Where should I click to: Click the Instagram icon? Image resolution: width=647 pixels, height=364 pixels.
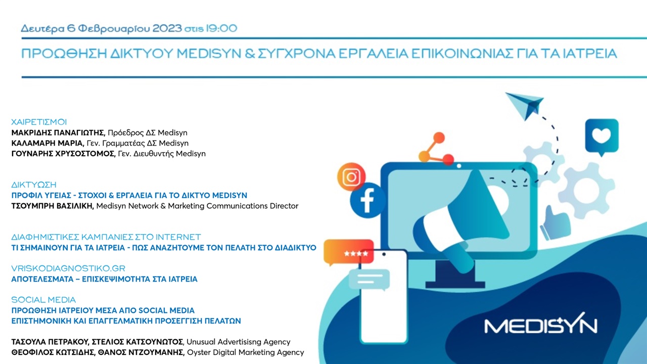351,177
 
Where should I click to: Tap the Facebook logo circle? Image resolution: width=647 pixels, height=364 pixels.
367,200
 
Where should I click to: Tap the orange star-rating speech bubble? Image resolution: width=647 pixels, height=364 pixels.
348,252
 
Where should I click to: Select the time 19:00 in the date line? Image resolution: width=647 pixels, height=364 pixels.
221,28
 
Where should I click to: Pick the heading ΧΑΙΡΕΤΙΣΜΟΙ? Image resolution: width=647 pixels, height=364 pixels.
39,122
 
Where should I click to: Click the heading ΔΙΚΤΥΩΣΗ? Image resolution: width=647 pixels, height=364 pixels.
34,185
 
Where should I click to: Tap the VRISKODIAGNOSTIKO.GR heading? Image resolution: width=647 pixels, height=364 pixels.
68,268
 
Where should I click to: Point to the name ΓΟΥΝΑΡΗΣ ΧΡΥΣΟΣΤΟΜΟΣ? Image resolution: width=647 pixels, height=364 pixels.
63,154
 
